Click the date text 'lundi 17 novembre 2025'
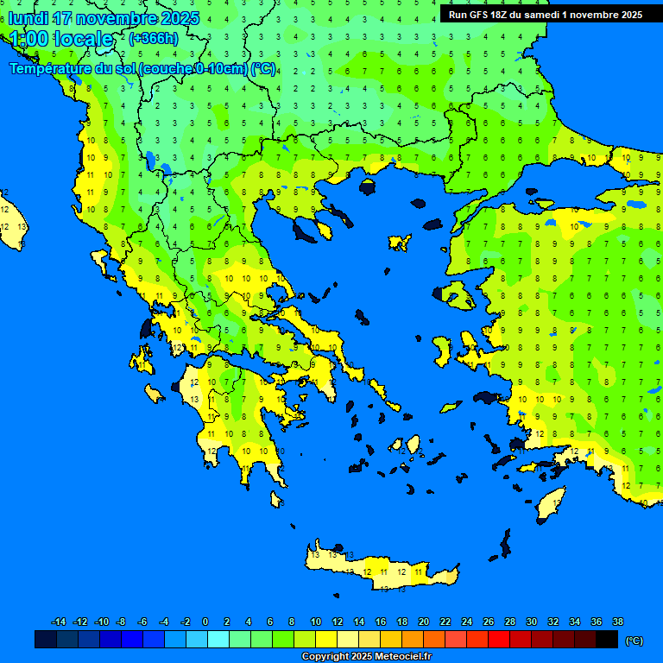tap(104, 18)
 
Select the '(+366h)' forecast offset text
tap(154, 39)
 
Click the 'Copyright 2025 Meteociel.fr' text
tap(366, 657)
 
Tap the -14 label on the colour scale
tap(59, 622)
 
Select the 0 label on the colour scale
tap(205, 622)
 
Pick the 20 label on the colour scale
tap(423, 622)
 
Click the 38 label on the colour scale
tap(617, 622)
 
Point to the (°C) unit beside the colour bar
tap(634, 640)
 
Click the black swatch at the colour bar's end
tap(607, 640)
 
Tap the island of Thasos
tap(369, 186)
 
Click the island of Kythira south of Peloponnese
tap(277, 500)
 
